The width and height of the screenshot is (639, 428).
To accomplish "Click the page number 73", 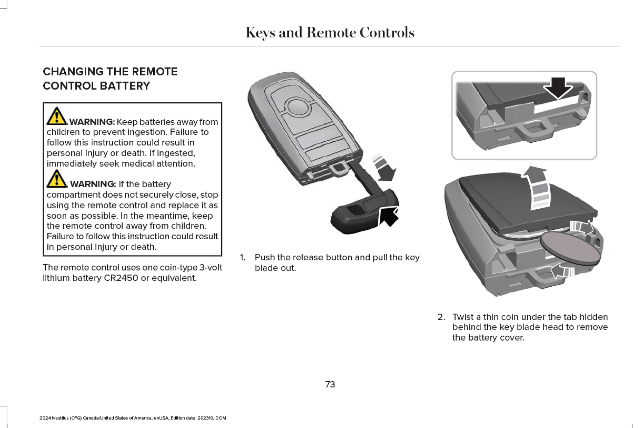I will tap(330, 384).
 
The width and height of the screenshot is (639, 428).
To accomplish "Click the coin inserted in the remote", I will tap(570, 249).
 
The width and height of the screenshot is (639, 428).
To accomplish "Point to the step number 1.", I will tap(242, 257).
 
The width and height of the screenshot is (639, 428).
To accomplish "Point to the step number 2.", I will tap(441, 317).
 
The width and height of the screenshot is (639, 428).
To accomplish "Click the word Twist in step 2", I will tap(463, 317).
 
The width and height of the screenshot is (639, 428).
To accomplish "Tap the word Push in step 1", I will tap(264, 257).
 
